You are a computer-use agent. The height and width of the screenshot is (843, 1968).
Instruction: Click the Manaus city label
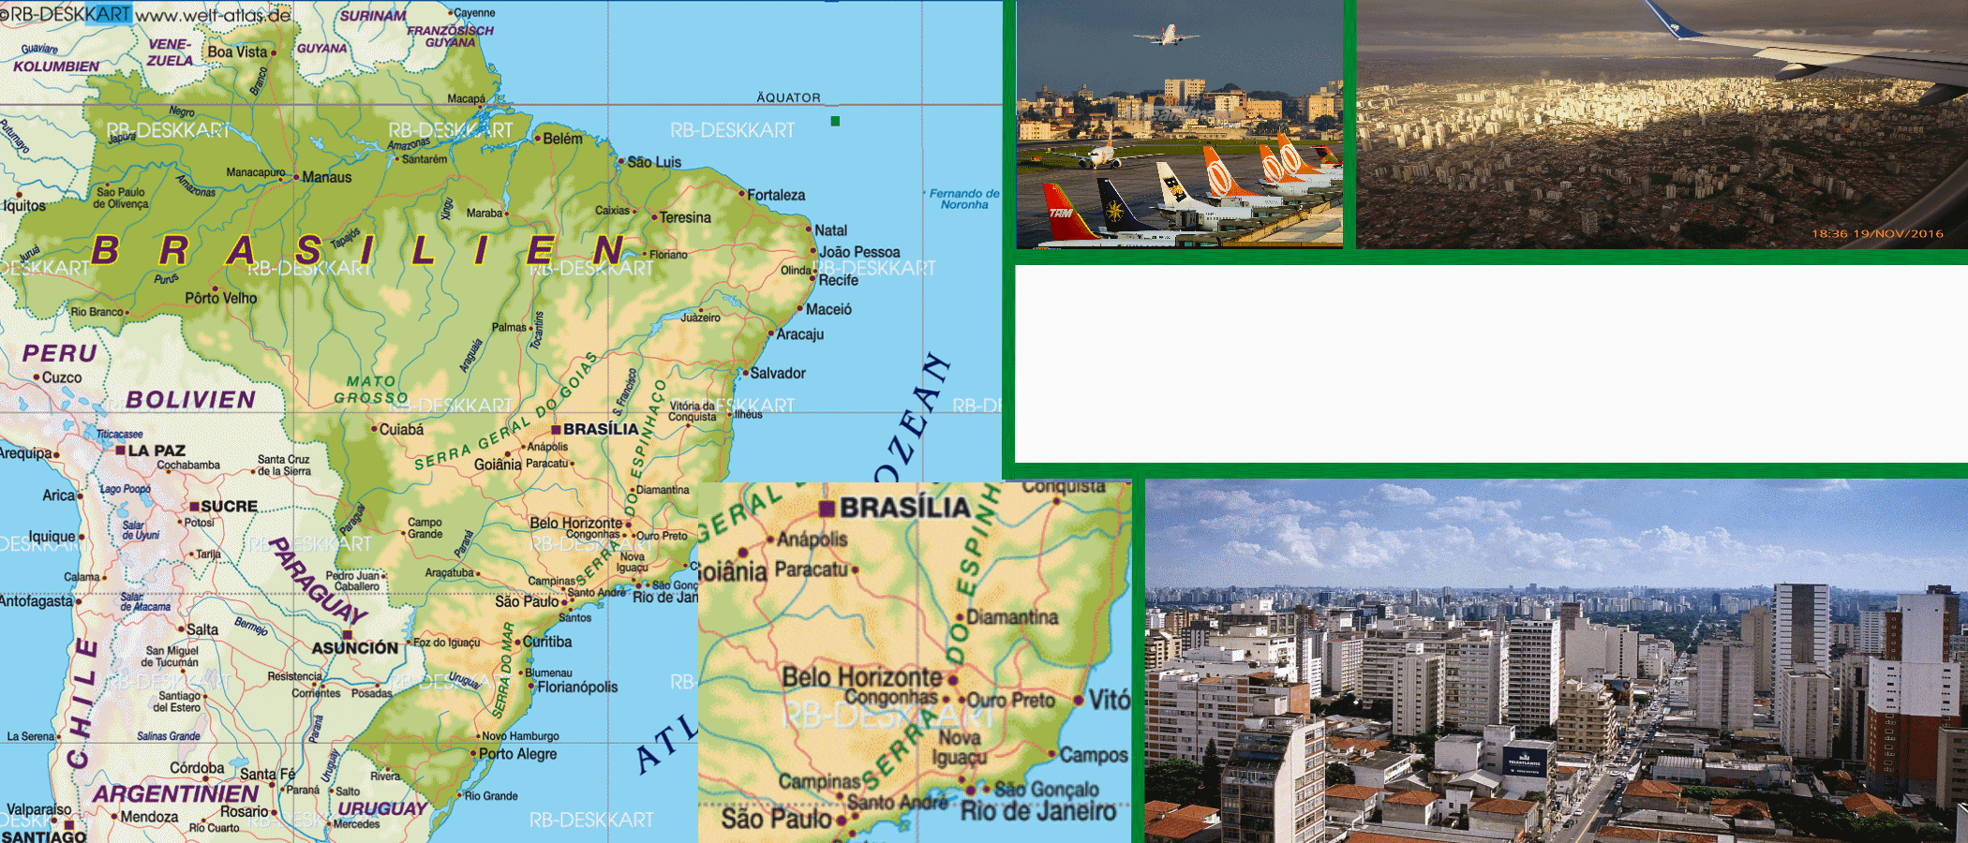tap(326, 177)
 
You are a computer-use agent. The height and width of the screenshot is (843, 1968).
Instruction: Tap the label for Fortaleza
tap(776, 195)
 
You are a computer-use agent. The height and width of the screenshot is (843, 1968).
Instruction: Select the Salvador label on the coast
tap(778, 373)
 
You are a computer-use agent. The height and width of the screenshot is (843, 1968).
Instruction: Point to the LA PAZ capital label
tap(157, 451)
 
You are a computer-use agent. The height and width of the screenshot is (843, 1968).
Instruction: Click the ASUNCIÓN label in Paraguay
tap(355, 647)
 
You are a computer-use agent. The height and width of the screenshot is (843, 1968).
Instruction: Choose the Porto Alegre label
tap(517, 754)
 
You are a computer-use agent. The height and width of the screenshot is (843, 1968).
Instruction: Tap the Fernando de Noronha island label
tap(964, 199)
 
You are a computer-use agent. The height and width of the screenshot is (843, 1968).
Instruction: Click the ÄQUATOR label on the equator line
tap(788, 97)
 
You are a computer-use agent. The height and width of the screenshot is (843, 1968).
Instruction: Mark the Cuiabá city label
tap(401, 430)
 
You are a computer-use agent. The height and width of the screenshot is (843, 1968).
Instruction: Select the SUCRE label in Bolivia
tap(229, 506)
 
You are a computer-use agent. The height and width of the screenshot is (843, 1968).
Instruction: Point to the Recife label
tap(838, 280)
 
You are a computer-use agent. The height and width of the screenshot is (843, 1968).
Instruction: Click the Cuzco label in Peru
tap(62, 377)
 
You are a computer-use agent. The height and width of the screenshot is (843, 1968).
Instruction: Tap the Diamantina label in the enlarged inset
tap(1012, 617)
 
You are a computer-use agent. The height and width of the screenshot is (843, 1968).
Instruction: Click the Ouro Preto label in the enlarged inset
tap(1010, 701)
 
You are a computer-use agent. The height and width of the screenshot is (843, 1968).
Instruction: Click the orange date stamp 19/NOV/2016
tap(1877, 234)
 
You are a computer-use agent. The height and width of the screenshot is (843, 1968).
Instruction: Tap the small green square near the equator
tap(835, 121)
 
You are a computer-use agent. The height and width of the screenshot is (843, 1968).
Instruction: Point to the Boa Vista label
tap(237, 52)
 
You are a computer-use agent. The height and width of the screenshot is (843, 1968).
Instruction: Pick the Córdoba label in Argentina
tap(197, 768)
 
